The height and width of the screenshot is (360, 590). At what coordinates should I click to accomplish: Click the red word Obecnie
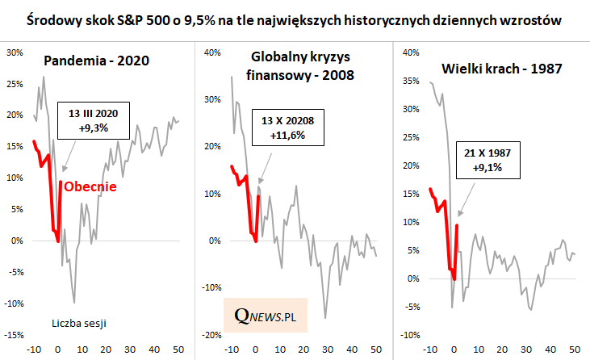tap(90, 186)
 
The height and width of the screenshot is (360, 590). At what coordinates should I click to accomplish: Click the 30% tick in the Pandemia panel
tap(15, 52)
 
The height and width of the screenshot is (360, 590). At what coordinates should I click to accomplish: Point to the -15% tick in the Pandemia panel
tap(13, 335)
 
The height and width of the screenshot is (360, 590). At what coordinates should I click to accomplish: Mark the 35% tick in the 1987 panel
tap(410, 81)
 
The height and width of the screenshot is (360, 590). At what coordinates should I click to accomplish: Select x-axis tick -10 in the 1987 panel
tap(430, 350)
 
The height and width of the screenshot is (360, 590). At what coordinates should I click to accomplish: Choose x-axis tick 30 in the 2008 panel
tap(328, 350)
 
